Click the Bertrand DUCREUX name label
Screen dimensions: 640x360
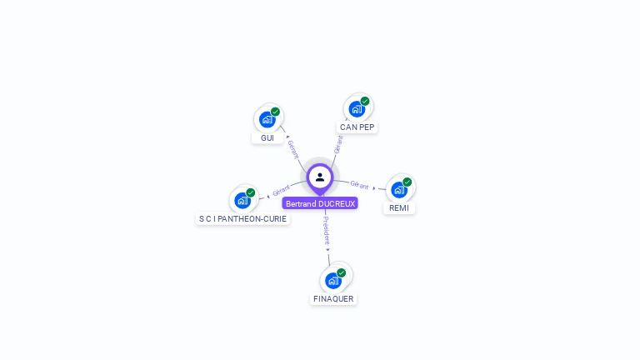(320, 203)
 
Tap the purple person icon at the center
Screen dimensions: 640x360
(320, 177)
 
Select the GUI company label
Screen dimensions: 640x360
(267, 137)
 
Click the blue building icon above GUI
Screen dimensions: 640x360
(267, 119)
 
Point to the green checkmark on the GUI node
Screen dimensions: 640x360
(275, 112)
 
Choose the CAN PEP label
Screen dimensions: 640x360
(357, 127)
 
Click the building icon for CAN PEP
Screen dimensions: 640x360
(357, 108)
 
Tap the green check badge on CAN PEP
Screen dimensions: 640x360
(364, 102)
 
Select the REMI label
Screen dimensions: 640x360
(399, 208)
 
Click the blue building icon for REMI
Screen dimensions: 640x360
(399, 189)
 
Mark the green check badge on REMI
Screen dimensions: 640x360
(407, 182)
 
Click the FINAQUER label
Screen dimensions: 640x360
(333, 298)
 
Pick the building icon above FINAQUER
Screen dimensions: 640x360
(333, 280)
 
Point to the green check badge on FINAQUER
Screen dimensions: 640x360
(341, 272)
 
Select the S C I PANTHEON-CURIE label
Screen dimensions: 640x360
(242, 218)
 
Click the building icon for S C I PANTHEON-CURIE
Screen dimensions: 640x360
(242, 200)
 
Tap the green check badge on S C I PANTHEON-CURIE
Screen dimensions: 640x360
(250, 192)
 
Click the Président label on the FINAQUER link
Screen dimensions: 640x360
(327, 230)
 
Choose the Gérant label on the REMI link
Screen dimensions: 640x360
(360, 185)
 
